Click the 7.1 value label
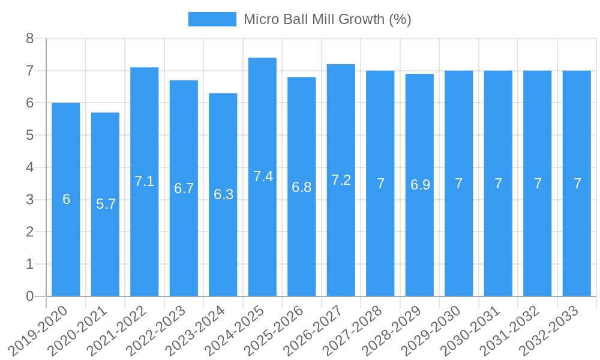point(144,181)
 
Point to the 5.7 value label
point(106,204)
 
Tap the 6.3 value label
point(223,194)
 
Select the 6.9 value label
point(420,185)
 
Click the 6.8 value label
point(301,187)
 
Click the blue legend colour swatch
point(212,19)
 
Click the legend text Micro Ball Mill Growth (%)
point(327,19)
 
